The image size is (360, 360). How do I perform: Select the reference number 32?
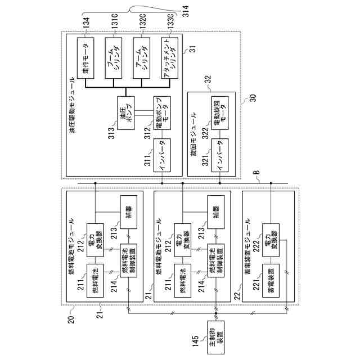coord(207,79)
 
